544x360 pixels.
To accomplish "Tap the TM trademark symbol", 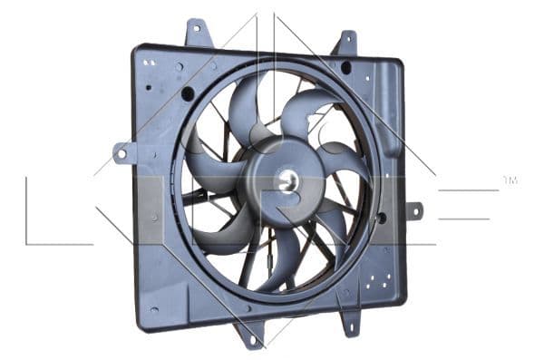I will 510,180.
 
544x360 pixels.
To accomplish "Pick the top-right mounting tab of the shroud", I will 345,44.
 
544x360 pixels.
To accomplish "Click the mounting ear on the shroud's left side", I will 121,153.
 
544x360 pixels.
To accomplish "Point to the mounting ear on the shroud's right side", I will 413,210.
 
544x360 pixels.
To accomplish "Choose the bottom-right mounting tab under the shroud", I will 350,324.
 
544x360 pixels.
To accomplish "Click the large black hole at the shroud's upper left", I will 188,93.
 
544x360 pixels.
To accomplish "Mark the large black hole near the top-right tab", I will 345,68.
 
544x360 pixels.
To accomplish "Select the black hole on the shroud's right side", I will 381,218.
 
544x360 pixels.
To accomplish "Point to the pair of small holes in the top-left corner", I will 149,62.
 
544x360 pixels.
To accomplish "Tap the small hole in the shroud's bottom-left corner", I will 154,309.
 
